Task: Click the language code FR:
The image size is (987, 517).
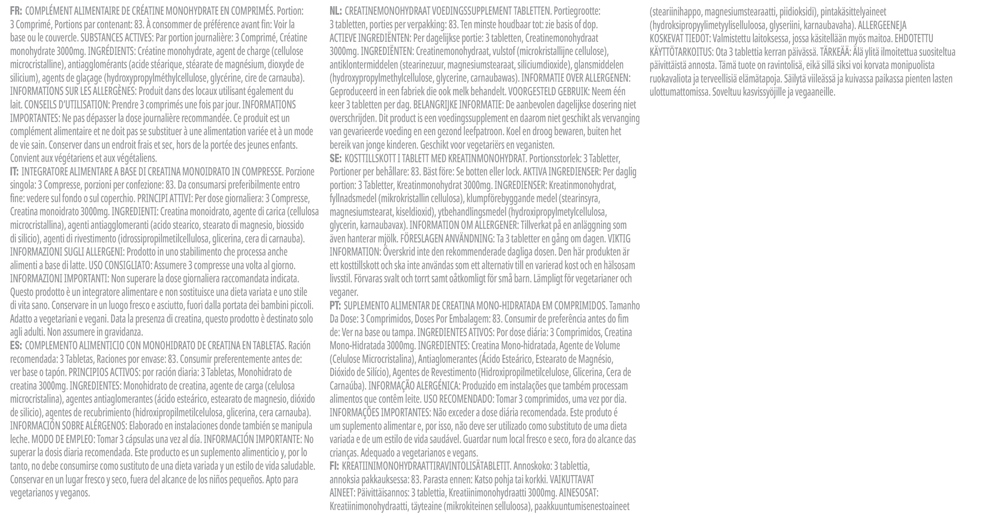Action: (x=16, y=12)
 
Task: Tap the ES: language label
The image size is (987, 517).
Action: (x=16, y=345)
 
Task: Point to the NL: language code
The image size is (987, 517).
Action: (x=335, y=12)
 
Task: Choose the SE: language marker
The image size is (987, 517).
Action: (x=335, y=158)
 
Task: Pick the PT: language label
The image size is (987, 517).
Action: (x=335, y=306)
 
